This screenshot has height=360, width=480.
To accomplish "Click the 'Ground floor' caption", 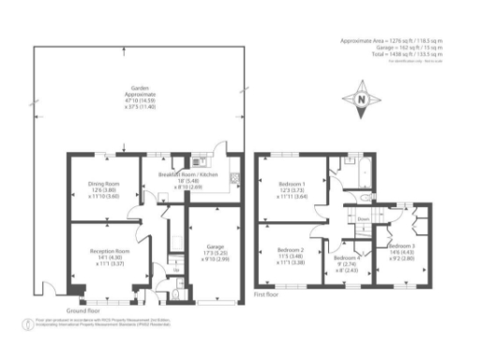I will (84, 309).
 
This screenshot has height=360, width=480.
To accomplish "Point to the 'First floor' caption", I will (268, 293).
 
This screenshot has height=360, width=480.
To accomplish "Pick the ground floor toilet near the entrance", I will (177, 292).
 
